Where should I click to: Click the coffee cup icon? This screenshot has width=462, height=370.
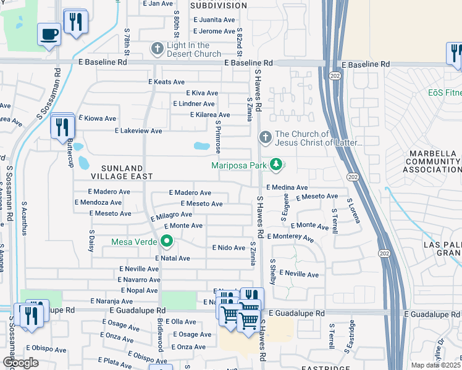pyautogui.click(x=49, y=34)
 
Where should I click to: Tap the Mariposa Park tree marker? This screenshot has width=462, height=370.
pyautogui.click(x=279, y=165)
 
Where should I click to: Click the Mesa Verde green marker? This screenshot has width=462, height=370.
pyautogui.click(x=166, y=241)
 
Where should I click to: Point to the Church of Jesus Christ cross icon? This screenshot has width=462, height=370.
pyautogui.click(x=265, y=138)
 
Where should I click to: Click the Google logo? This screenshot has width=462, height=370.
pyautogui.click(x=21, y=363)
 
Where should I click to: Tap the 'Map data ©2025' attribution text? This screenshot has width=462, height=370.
pyautogui.click(x=435, y=365)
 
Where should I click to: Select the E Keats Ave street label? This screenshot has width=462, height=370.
pyautogui.click(x=166, y=81)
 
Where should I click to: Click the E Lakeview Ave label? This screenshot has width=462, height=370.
pyautogui.click(x=138, y=131)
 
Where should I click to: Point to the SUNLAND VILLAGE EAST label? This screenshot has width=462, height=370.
pyautogui.click(x=109, y=172)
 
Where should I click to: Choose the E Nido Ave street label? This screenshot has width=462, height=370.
pyautogui.click(x=229, y=247)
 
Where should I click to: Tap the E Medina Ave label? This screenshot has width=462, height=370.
pyautogui.click(x=287, y=187)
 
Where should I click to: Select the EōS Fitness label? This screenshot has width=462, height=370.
pyautogui.click(x=445, y=93)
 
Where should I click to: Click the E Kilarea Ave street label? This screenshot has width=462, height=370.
pyautogui.click(x=209, y=115)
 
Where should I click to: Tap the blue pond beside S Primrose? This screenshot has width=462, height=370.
pyautogui.click(x=201, y=146)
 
